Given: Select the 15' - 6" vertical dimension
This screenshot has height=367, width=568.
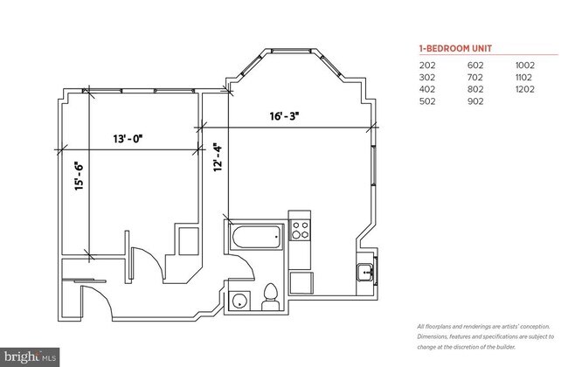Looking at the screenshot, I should tap(78, 177).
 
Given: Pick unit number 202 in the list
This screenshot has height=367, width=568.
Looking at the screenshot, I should tap(427, 65).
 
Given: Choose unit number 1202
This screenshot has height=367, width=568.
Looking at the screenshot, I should tap(524, 89).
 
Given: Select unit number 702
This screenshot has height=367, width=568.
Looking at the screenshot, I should tap(477, 77).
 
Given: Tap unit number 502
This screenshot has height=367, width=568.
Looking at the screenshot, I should tap(427, 101).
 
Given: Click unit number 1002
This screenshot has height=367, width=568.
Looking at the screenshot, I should tap(524, 65).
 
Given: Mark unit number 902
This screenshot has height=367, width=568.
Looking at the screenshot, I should tap(477, 101).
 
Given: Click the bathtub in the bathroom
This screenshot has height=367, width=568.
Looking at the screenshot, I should tap(255, 234).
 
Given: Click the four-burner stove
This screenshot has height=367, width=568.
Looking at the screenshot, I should tap(301, 231).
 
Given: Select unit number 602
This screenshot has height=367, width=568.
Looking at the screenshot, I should tap(477, 65).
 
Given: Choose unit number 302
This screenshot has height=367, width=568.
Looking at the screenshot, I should tap(427, 77).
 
